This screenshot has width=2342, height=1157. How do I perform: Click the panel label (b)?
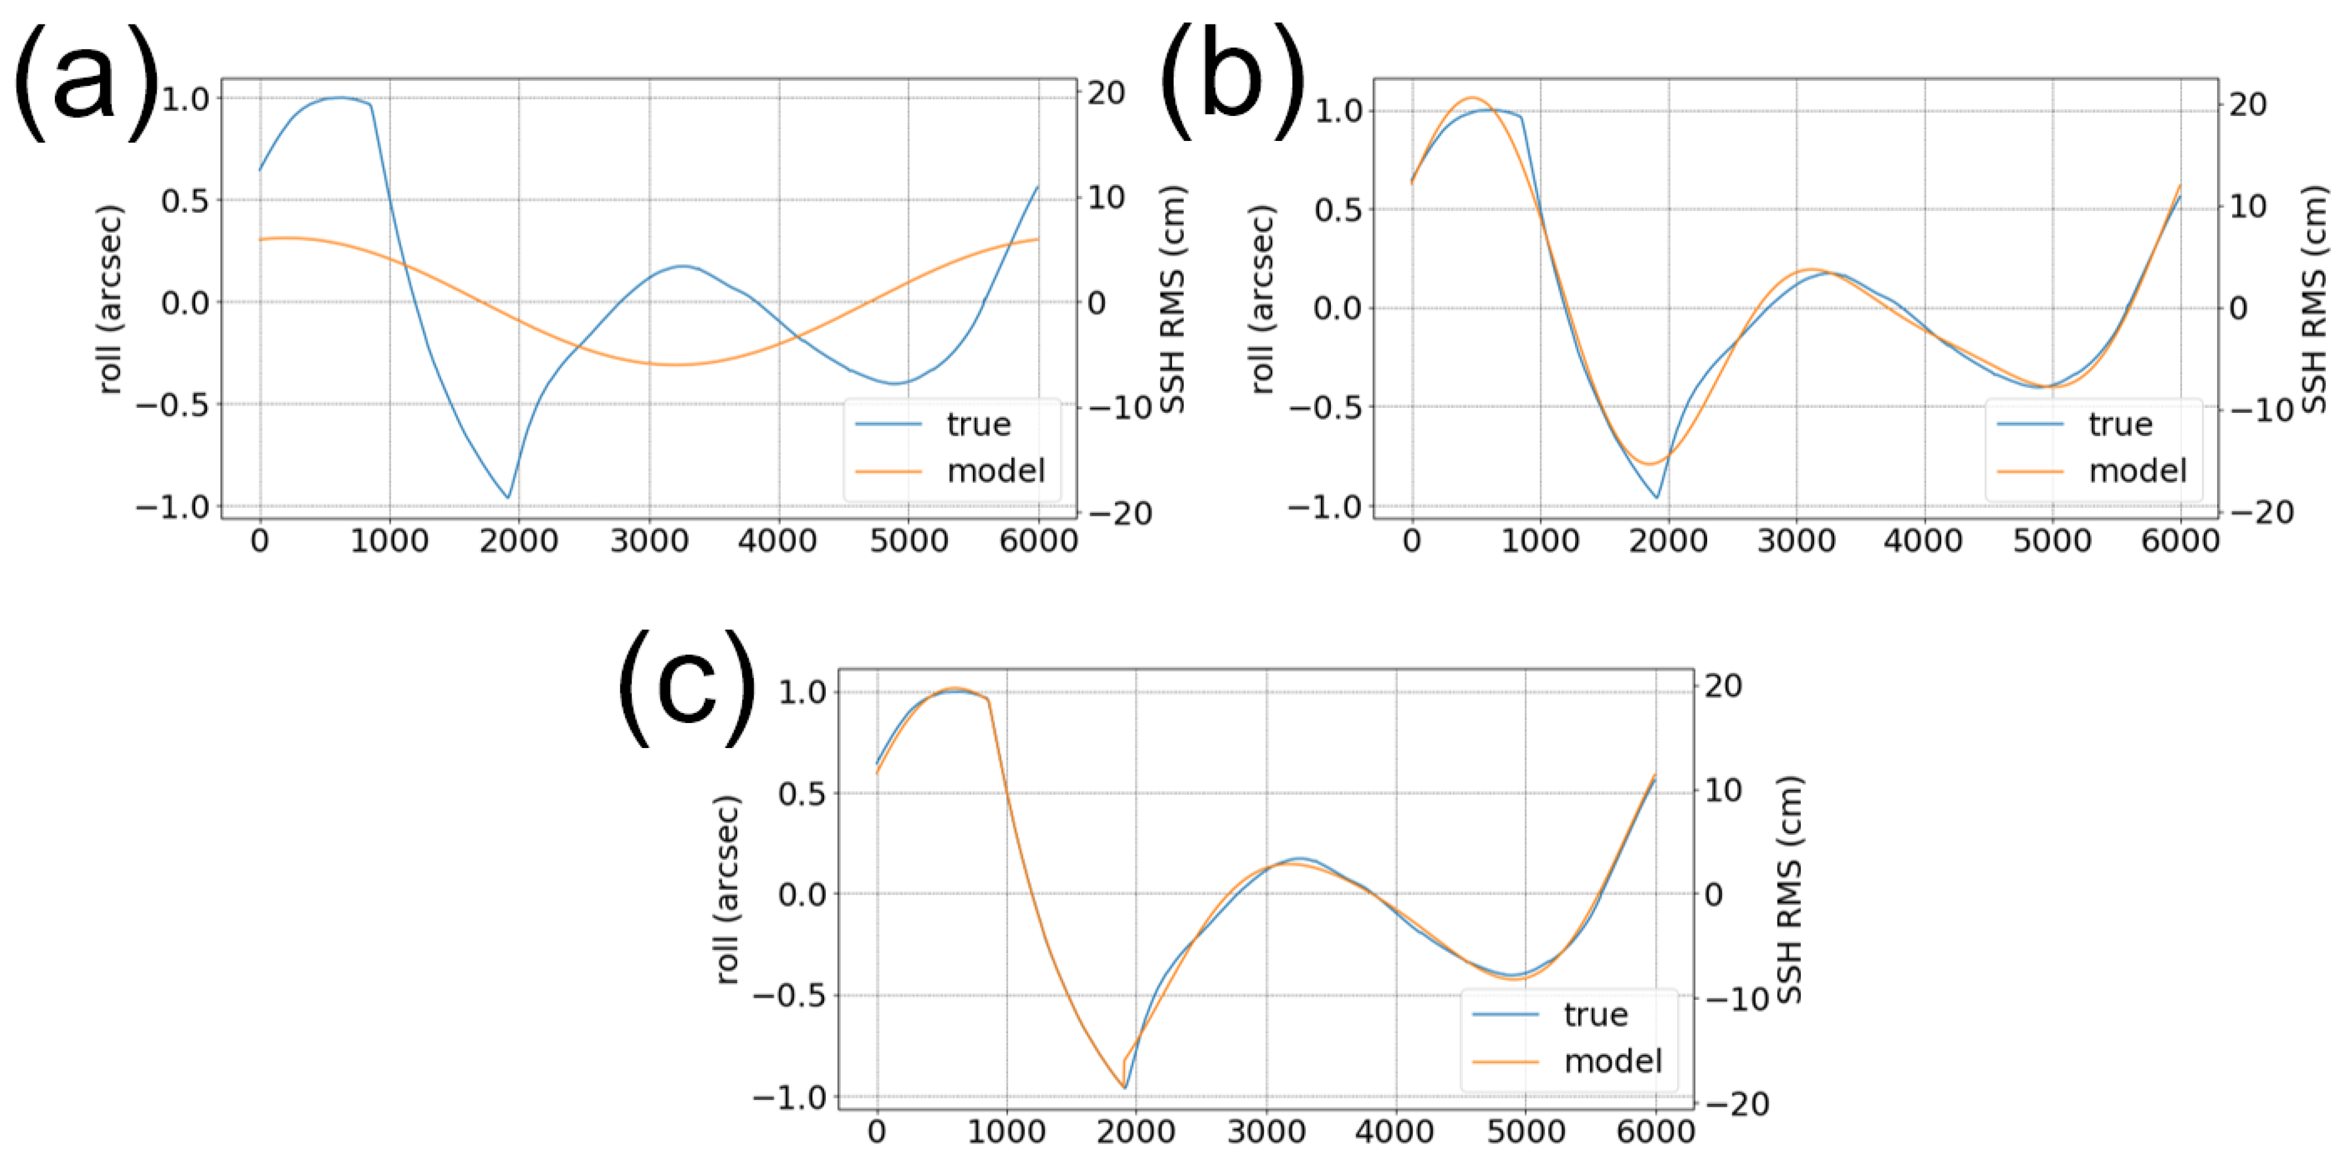coord(1232,82)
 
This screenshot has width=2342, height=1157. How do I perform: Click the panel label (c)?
coord(687,688)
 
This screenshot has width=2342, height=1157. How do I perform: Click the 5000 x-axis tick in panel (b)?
coord(2051,542)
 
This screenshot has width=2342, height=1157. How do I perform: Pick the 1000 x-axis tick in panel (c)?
coord(1006,1133)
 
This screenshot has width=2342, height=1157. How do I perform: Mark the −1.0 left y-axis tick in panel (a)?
coord(172,507)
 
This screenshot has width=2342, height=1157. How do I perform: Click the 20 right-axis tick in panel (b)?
coord(2248,105)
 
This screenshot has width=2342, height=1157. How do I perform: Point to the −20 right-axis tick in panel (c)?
coord(1737,1105)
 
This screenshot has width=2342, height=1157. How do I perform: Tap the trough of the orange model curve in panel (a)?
coord(675,365)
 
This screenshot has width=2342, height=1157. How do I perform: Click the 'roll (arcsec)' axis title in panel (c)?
coord(728,891)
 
